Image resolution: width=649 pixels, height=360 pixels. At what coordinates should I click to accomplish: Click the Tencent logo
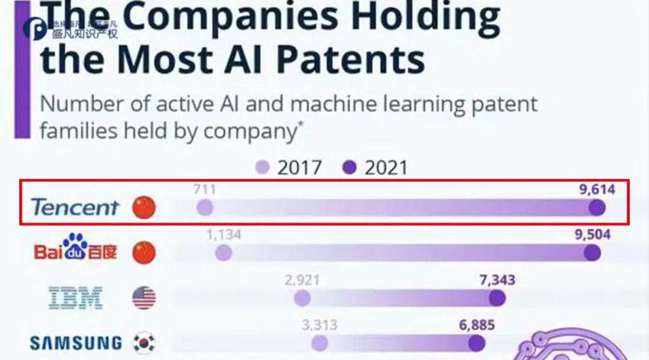75,208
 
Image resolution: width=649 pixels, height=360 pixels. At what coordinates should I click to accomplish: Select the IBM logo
75,297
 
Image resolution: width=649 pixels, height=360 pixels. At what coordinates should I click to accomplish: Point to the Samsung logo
76,343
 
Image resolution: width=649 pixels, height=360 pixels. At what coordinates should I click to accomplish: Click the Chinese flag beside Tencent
144,208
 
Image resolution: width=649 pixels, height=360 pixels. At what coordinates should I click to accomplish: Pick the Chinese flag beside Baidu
144,252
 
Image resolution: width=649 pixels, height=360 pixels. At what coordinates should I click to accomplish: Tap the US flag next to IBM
144,297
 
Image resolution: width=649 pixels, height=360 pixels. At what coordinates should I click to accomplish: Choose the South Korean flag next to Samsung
144,343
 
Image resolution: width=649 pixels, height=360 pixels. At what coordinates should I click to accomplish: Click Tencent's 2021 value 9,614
597,191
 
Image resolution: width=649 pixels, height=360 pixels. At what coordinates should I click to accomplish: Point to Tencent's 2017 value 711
205,191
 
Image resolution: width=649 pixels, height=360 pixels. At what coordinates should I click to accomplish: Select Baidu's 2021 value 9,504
593,235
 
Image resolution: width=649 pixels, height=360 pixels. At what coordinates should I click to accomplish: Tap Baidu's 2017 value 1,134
224,235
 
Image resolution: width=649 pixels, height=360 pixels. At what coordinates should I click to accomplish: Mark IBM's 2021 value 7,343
497,280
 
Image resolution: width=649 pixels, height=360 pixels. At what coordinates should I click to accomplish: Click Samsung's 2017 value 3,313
320,326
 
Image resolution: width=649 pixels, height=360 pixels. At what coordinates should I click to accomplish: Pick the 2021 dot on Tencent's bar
597,208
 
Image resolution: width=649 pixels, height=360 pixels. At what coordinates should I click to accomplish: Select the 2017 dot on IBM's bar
302,298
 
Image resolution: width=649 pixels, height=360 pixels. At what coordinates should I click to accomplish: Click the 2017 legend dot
262,168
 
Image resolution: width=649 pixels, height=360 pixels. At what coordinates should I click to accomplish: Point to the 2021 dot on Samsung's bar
477,343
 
